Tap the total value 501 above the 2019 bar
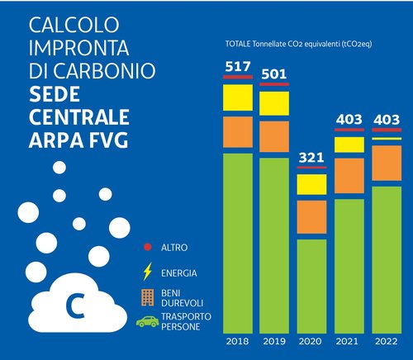tap(274, 73)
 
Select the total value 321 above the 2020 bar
tap(311, 157)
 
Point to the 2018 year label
tap(238, 340)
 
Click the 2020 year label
tap(312, 340)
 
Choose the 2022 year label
tap(385, 340)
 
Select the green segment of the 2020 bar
tap(311, 285)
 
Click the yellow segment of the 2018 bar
tap(238, 100)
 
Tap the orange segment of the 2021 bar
tap(349, 175)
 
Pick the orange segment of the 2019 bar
tap(274, 135)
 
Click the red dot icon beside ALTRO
tap(147, 247)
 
